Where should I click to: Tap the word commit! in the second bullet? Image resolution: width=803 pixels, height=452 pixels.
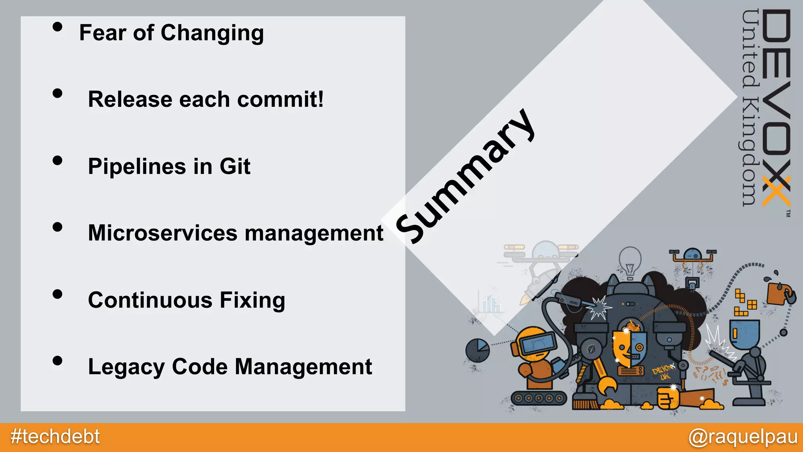pyautogui.click(x=280, y=99)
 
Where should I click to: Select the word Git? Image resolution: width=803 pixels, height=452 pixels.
pyautogui.click(x=234, y=166)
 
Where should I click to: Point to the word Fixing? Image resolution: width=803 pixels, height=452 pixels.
pyautogui.click(x=252, y=300)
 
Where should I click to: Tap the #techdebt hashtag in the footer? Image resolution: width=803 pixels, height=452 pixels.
pyautogui.click(x=55, y=437)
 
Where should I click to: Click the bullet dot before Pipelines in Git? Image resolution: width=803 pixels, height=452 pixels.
pyautogui.click(x=58, y=160)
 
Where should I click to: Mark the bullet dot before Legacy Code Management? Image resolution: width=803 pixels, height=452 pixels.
pyautogui.click(x=58, y=361)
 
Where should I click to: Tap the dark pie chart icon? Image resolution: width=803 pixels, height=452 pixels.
pyautogui.click(x=478, y=350)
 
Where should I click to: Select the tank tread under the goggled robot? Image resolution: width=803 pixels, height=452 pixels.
pyautogui.click(x=539, y=399)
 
